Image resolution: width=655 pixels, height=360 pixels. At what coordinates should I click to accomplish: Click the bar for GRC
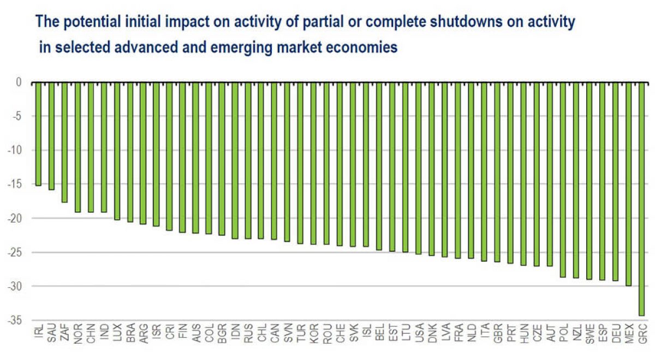(x=642, y=199)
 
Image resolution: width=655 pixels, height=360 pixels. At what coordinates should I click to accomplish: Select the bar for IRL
(x=38, y=134)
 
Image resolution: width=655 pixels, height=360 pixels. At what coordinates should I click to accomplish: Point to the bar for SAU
(x=51, y=136)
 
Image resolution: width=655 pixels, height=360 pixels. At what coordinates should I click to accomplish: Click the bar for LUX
(x=117, y=151)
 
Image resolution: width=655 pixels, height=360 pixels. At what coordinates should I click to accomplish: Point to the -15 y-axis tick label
(x=14, y=184)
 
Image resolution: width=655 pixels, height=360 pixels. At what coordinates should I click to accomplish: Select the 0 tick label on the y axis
(x=18, y=83)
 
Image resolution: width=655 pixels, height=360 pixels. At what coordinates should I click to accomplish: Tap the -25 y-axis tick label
(x=14, y=253)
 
